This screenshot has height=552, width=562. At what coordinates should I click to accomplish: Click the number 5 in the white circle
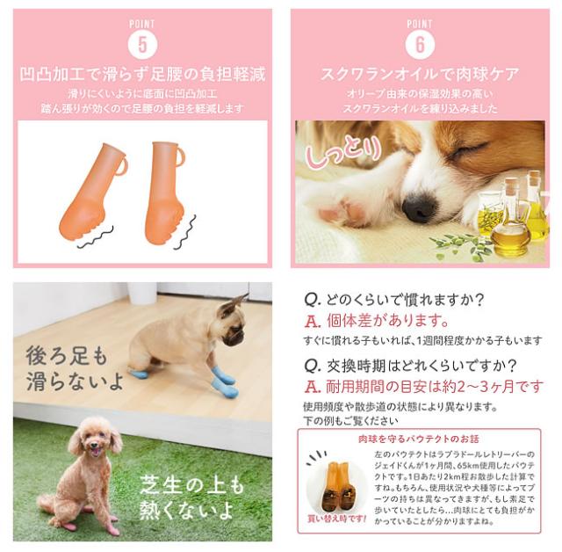[x=142, y=43]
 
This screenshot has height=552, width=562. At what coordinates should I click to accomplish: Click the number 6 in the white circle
[x=420, y=43]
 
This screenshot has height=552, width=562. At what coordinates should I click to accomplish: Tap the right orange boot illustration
[x=167, y=192]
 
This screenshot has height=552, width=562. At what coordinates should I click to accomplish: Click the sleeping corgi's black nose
[x=419, y=207]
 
